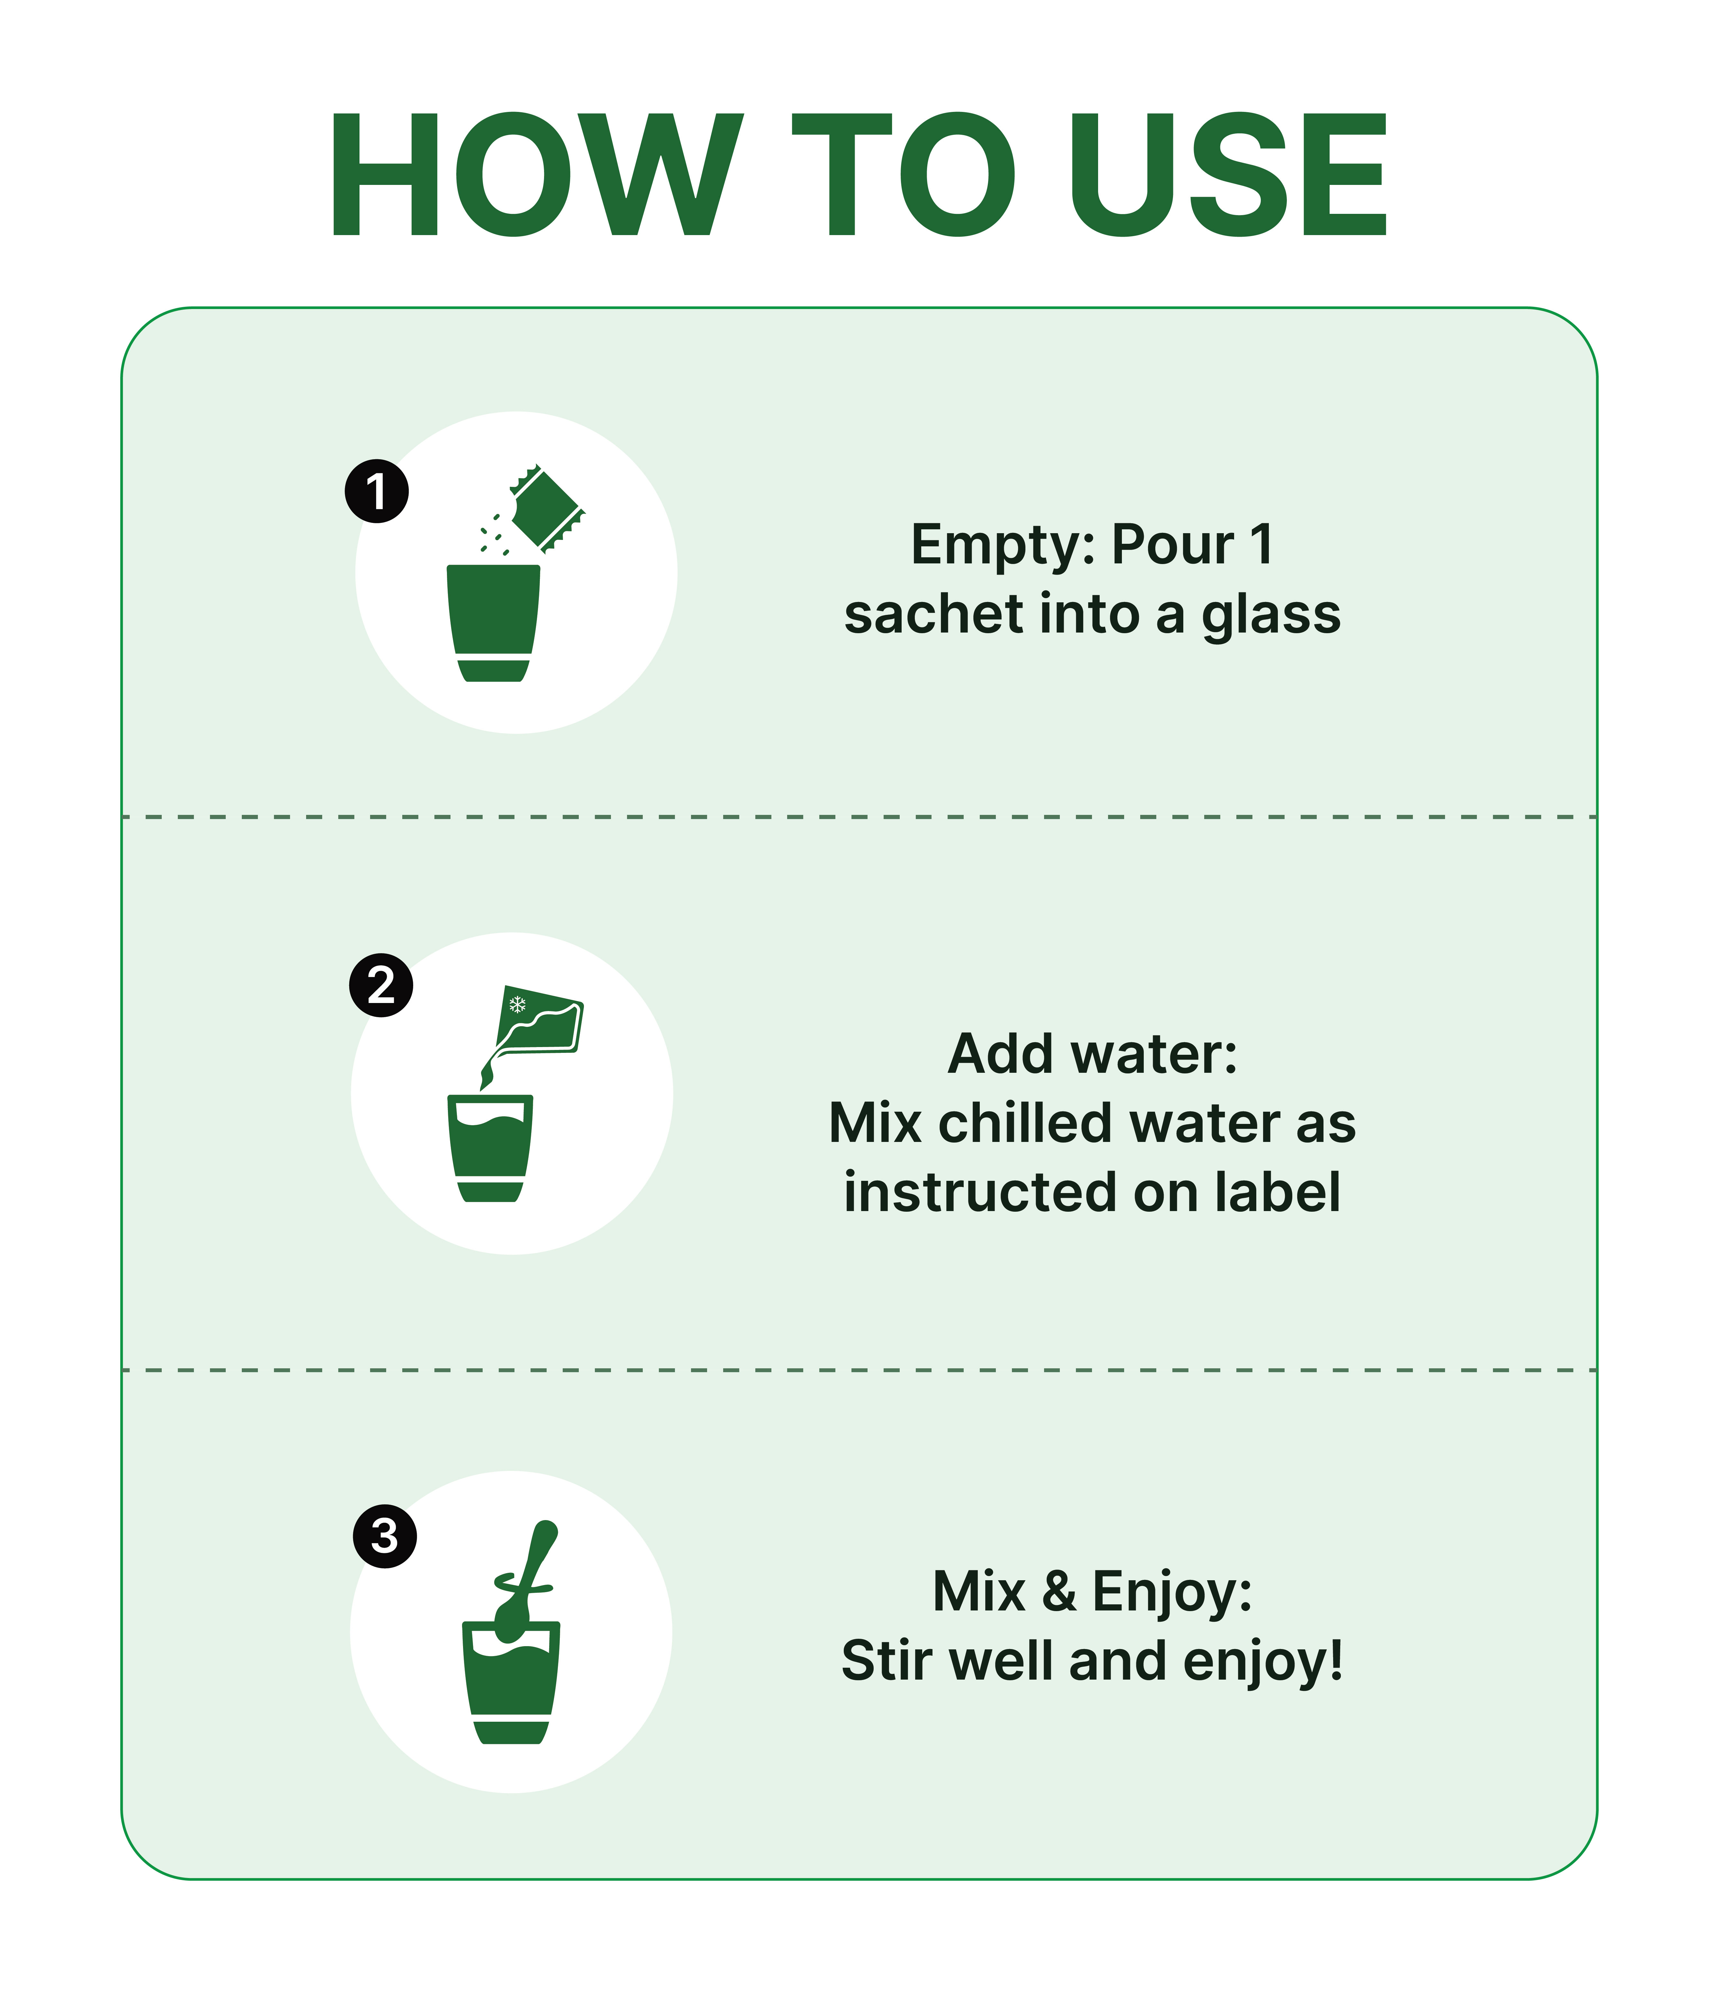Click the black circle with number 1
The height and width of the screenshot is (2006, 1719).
click(x=377, y=491)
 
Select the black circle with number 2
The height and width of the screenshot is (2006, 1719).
click(x=381, y=986)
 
